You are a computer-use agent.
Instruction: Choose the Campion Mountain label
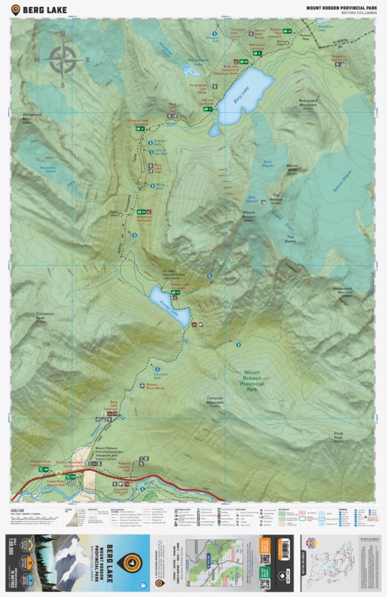pyautogui.click(x=215, y=401)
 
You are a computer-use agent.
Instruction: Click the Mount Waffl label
pyautogui.click(x=292, y=169)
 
